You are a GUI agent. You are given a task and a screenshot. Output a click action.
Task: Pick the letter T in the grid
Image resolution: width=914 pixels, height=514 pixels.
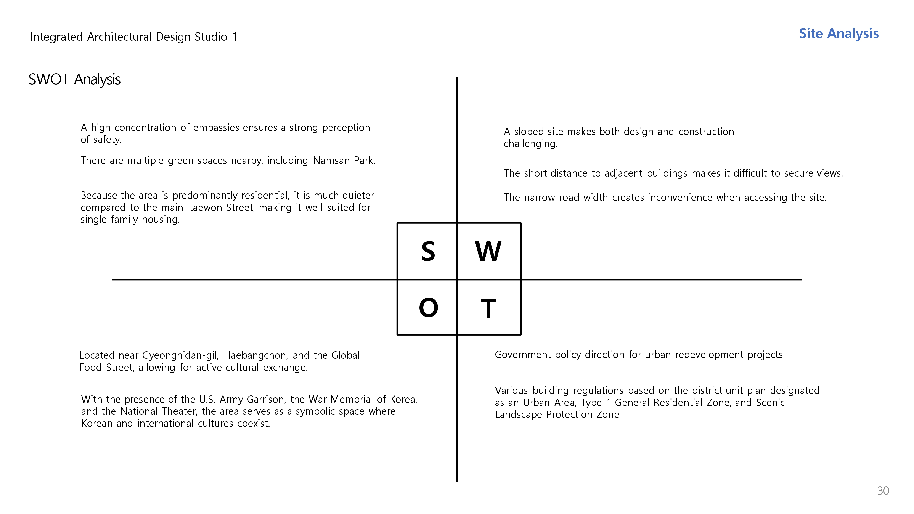coord(488,308)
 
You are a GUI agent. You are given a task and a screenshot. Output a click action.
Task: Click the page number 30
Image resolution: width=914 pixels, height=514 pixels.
coord(883,491)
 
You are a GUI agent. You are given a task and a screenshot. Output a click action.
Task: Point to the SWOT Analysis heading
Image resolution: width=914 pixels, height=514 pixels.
coord(74,79)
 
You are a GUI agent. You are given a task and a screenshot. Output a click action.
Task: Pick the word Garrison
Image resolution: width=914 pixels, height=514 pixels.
coord(266,399)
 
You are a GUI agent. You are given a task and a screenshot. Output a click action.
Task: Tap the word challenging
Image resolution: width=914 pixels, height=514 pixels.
coord(530,144)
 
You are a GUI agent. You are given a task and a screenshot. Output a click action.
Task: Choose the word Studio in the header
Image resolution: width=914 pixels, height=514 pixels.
coord(211,37)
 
